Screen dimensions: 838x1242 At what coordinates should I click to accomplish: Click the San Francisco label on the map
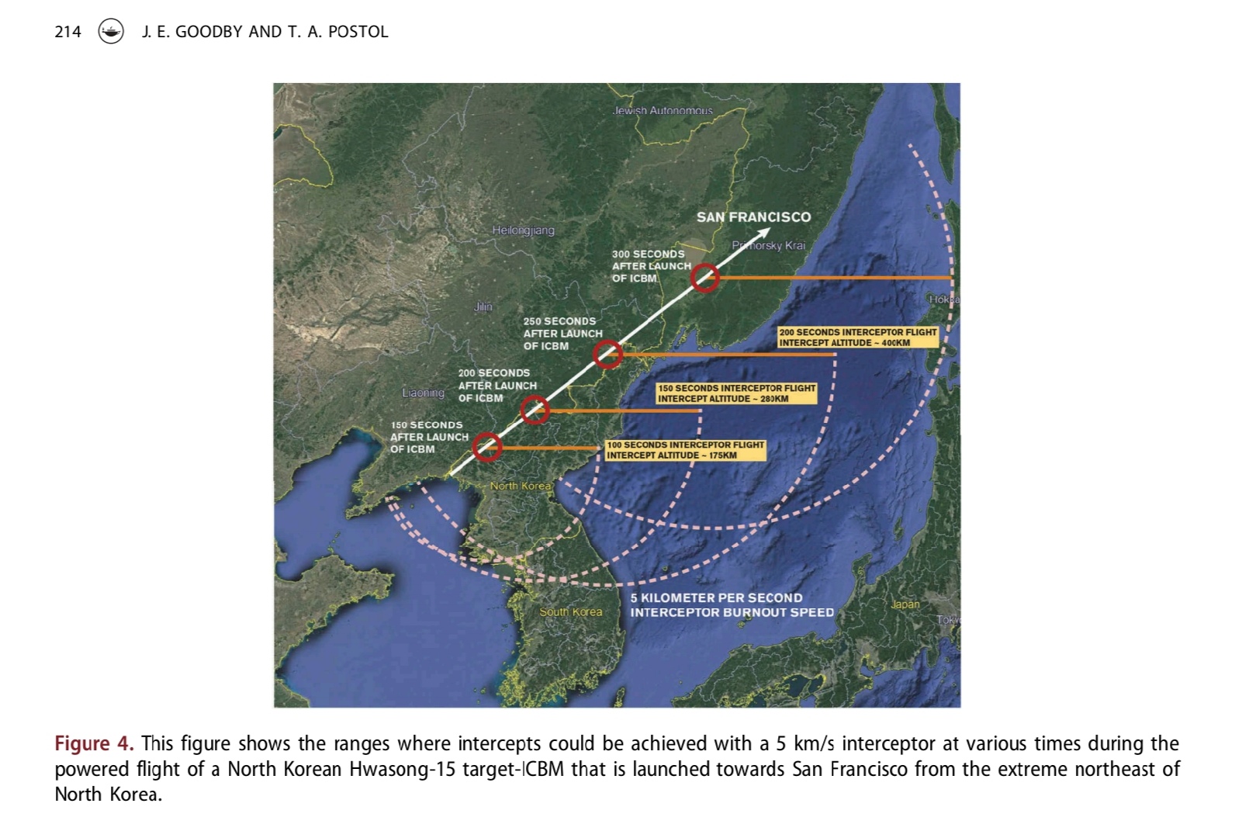coord(753,217)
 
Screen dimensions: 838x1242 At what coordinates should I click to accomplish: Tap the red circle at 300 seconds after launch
coord(704,277)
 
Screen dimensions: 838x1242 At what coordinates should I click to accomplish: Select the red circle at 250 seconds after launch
coord(607,355)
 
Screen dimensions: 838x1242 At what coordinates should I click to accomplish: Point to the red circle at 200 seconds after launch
coord(535,410)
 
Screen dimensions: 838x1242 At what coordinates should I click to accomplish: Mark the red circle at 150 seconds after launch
coord(487,447)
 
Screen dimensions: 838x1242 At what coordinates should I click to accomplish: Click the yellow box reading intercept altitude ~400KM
coord(858,337)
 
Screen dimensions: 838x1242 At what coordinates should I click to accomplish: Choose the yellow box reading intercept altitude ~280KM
coord(736,393)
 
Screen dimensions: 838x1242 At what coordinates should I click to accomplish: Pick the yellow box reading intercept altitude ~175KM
coord(685,450)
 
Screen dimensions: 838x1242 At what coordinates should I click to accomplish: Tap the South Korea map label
coord(570,611)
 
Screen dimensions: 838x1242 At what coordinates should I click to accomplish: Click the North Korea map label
coord(520,486)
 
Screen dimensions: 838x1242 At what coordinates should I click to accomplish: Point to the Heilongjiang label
coord(523,230)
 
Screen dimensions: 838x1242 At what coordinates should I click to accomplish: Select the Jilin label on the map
coord(483,306)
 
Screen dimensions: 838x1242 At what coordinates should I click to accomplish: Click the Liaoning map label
coord(423,393)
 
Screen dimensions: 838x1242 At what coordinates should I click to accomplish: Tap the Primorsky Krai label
coord(768,245)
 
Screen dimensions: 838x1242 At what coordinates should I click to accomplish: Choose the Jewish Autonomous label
coord(662,111)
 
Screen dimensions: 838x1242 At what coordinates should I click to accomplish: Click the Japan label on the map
coord(905,604)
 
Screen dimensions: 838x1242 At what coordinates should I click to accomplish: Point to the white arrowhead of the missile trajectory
coord(763,233)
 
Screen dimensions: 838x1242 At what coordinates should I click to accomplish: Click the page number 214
coord(67,32)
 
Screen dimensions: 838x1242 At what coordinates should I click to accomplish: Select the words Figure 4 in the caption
coord(93,743)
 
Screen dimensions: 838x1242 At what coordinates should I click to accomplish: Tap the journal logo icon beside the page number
coord(111,32)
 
